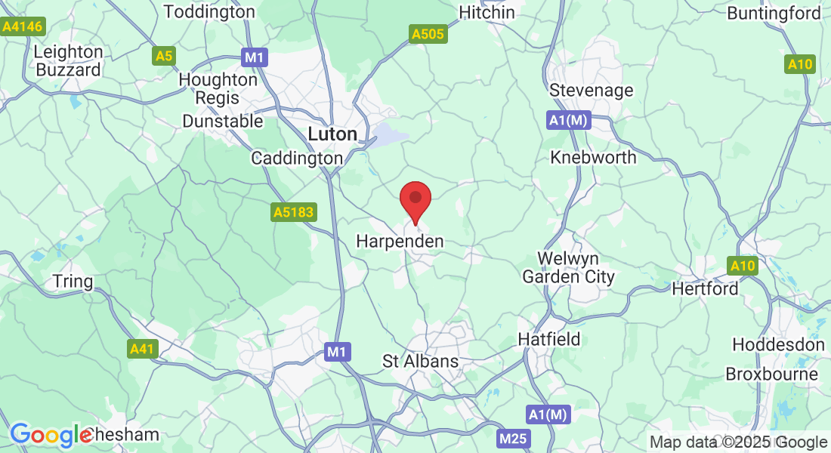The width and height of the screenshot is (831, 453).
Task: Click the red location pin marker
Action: pos(415,201)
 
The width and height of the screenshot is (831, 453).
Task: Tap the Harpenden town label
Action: pos(400,242)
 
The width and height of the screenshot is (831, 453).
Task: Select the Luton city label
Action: pos(332,134)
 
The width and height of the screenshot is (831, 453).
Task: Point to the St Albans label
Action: pos(421,361)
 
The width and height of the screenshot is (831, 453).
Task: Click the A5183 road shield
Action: pos(294,214)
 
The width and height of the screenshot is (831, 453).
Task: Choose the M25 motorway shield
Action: pos(514,439)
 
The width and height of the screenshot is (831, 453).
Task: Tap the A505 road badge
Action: pos(428,34)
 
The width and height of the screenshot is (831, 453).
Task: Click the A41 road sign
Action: pos(142,348)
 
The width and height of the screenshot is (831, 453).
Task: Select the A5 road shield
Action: pos(164,56)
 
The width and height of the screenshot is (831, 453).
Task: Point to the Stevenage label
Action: pos(591,91)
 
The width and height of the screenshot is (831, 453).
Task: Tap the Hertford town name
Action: pos(705,289)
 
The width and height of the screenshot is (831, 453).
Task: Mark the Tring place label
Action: pos(73,282)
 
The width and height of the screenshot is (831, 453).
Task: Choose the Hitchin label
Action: pos(487,12)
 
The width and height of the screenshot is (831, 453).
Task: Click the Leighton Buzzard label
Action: pos(68,61)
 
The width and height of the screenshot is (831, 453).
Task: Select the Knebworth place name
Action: pos(593,157)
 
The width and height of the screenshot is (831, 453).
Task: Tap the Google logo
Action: pos(51,435)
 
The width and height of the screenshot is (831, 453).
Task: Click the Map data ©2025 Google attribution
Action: pos(739,442)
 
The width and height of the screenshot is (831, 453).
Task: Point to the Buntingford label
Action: pos(774,14)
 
